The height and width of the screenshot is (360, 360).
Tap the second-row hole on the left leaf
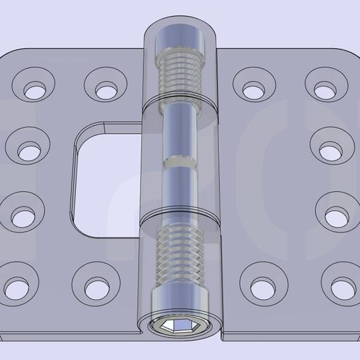pyautogui.click(x=29, y=151)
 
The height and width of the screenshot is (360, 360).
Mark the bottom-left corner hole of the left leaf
pyautogui.click(x=15, y=286)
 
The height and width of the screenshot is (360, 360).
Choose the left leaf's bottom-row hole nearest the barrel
pyautogui.click(x=95, y=287)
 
